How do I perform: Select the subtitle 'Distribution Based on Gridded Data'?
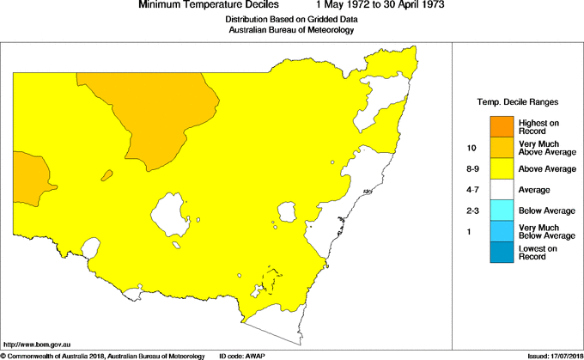pos(291,19)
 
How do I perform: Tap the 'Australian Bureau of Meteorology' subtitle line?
pos(291,30)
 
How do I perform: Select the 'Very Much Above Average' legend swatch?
pos(502,148)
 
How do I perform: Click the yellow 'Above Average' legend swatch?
pos(502,168)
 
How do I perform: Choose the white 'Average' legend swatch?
pos(502,189)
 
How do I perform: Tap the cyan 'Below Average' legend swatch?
pos(502,211)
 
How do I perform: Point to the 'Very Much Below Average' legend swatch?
pos(502,231)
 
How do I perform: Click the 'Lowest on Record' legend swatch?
pos(502,252)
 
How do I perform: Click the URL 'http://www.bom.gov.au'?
pos(37,344)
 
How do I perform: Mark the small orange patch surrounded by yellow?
pos(107,175)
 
